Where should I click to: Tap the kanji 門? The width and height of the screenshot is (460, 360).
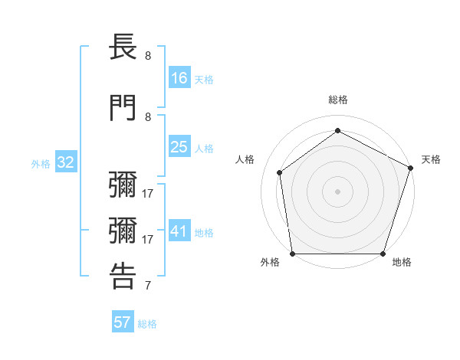(123, 108)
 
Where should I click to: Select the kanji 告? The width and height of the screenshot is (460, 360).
(123, 277)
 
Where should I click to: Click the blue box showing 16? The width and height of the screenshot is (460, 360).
(179, 77)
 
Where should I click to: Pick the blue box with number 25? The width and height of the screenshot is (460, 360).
(179, 147)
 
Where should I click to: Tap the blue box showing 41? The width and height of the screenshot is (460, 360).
(179, 231)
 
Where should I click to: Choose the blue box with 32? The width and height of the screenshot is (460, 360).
(65, 162)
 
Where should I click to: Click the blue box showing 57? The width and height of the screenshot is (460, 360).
(123, 322)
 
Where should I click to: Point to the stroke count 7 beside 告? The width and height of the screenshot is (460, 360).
(148, 286)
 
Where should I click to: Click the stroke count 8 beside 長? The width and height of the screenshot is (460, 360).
(148, 55)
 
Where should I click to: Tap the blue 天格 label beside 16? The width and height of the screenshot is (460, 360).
(204, 79)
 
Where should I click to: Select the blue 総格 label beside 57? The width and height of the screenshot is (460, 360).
(147, 324)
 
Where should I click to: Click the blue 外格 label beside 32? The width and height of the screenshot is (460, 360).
(41, 163)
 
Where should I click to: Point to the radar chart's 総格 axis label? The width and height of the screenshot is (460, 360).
(337, 100)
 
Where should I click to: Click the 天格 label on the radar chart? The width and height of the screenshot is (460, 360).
(431, 159)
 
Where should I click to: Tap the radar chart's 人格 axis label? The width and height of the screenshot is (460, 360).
(245, 159)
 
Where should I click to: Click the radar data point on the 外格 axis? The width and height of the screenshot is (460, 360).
(292, 254)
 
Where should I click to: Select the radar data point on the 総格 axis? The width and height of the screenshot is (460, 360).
(337, 130)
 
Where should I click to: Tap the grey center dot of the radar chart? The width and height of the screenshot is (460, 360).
(337, 191)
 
